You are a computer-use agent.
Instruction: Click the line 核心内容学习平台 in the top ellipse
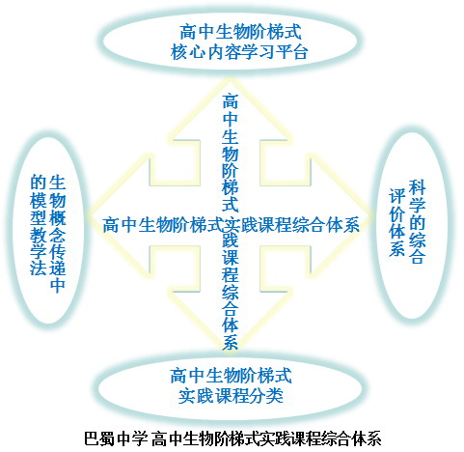point(239,52)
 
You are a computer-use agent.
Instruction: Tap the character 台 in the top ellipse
point(300,52)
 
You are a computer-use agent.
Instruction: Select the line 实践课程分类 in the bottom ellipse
point(231,396)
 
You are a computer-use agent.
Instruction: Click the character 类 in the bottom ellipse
point(275,396)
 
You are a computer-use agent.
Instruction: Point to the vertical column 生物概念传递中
point(58,234)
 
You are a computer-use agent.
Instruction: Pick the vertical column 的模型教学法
point(39,225)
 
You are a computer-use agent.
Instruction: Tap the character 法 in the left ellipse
point(39,267)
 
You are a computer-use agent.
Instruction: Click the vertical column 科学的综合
point(417,222)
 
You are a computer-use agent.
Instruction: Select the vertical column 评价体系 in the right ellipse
point(397,222)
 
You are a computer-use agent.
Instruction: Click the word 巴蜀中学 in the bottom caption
point(116,438)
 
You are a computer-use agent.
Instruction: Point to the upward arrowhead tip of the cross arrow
point(231,78)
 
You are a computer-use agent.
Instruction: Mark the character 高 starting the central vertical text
point(231,101)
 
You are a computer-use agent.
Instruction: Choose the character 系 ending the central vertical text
point(231,342)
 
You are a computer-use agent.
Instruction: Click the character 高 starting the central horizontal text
point(111,224)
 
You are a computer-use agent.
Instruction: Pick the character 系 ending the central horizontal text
point(351,224)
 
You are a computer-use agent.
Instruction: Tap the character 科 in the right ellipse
point(417,188)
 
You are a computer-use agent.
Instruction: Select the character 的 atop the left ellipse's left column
point(39,184)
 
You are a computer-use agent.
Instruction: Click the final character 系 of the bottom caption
point(373,438)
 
